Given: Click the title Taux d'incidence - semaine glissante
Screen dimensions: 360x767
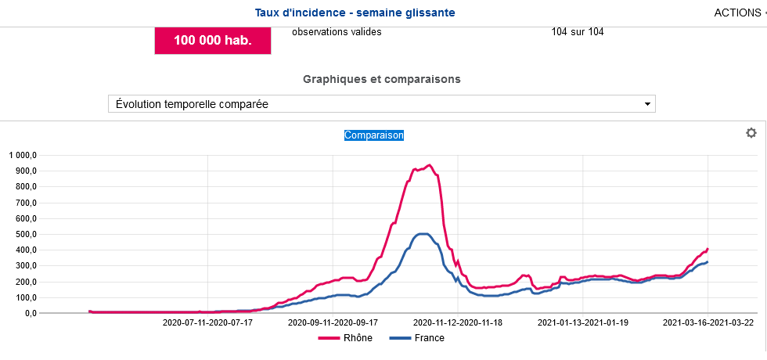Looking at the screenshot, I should [355, 13].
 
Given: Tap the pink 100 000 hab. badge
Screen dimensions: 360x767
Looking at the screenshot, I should [213, 41].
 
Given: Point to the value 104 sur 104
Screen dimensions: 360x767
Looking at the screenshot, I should [578, 32].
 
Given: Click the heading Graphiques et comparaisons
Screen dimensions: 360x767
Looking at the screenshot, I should [381, 79].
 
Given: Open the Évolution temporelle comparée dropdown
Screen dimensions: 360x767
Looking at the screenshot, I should [381, 104].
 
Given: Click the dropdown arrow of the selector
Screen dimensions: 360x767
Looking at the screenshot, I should [646, 104].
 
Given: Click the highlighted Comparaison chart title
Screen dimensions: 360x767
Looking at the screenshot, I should [374, 135].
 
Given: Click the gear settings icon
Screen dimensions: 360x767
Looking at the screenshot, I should [751, 133].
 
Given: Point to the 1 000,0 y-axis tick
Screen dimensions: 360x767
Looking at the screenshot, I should [23, 155].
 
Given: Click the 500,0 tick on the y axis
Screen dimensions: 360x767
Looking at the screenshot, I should [27, 234].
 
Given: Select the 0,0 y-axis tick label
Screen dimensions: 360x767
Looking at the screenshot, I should [31, 313].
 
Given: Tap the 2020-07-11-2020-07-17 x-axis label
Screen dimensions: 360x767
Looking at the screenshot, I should [207, 322].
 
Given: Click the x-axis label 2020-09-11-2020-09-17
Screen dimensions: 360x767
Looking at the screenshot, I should [333, 322].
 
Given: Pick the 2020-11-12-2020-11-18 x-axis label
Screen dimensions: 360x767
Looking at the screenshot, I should [459, 322].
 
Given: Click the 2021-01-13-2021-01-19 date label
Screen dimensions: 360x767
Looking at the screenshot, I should [583, 322].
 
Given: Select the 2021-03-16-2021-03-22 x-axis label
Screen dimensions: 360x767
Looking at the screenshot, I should [708, 322].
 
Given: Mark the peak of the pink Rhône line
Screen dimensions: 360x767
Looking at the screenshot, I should [428, 165].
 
